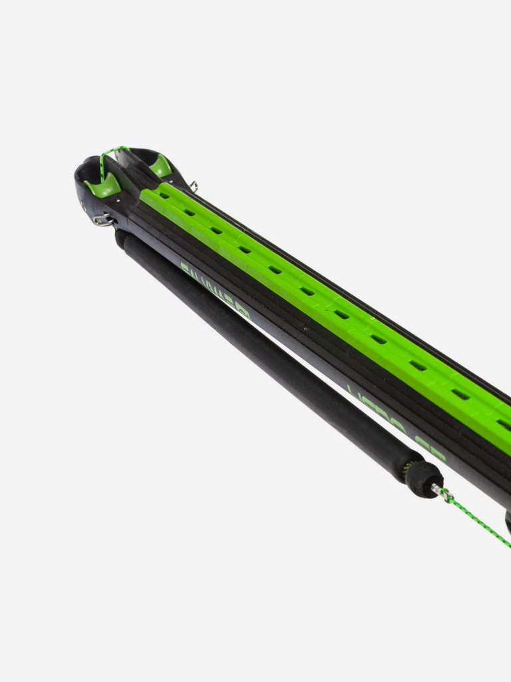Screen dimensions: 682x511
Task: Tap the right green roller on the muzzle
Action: [160, 167]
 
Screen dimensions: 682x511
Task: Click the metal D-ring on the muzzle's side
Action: [102, 220]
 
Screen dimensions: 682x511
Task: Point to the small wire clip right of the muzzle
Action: [194, 186]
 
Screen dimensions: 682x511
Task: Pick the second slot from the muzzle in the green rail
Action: [190, 212]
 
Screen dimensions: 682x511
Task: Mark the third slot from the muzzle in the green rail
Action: [216, 230]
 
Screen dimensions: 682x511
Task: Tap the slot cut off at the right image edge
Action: [504, 424]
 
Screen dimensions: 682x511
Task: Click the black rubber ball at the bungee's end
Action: [424, 478]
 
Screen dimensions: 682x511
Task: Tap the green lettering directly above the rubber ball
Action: [399, 426]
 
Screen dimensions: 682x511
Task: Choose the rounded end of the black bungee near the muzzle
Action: [122, 238]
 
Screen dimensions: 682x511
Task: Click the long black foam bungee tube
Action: [266, 353]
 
